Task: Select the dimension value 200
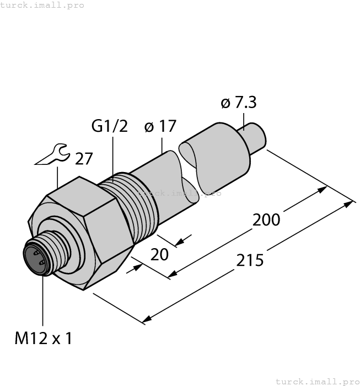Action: tap(266, 219)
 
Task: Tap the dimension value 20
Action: tap(160, 255)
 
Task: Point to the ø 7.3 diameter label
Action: tap(238, 103)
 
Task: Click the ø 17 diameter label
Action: tap(160, 126)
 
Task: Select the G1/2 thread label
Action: tap(109, 126)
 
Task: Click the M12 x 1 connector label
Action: tap(43, 338)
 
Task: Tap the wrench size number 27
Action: tap(84, 159)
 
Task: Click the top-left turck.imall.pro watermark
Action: tap(42, 5)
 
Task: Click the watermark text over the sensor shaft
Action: tap(180, 193)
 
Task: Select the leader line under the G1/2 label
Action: tap(113, 157)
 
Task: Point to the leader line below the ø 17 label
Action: tap(162, 144)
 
